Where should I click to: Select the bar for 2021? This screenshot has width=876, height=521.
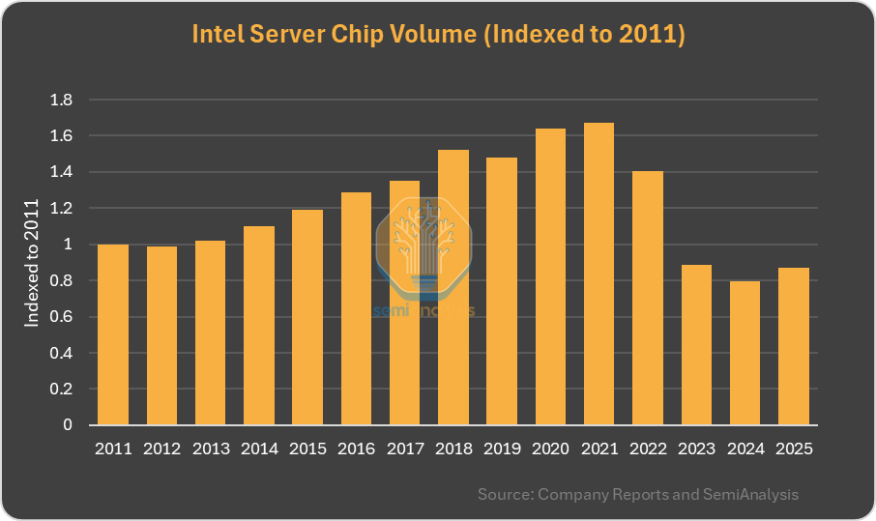599,274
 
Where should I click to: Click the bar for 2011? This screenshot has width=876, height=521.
113,334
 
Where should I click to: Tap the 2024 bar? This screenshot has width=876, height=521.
745,353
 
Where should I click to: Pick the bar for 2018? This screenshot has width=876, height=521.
453,287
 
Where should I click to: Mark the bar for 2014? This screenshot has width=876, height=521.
259,326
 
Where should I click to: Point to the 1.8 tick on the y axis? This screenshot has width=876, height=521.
61,100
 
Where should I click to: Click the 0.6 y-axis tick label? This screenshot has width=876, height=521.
61,317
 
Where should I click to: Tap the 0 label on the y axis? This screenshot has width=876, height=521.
68,425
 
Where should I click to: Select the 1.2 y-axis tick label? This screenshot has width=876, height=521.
61,208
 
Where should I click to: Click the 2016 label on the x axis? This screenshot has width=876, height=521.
356,449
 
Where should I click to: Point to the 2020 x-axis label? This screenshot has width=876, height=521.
550,449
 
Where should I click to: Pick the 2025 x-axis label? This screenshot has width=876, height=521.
793,449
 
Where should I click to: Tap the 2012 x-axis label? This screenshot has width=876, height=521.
161,449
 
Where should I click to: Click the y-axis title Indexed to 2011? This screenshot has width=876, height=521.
33,262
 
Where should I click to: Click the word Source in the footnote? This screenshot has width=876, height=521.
503,494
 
